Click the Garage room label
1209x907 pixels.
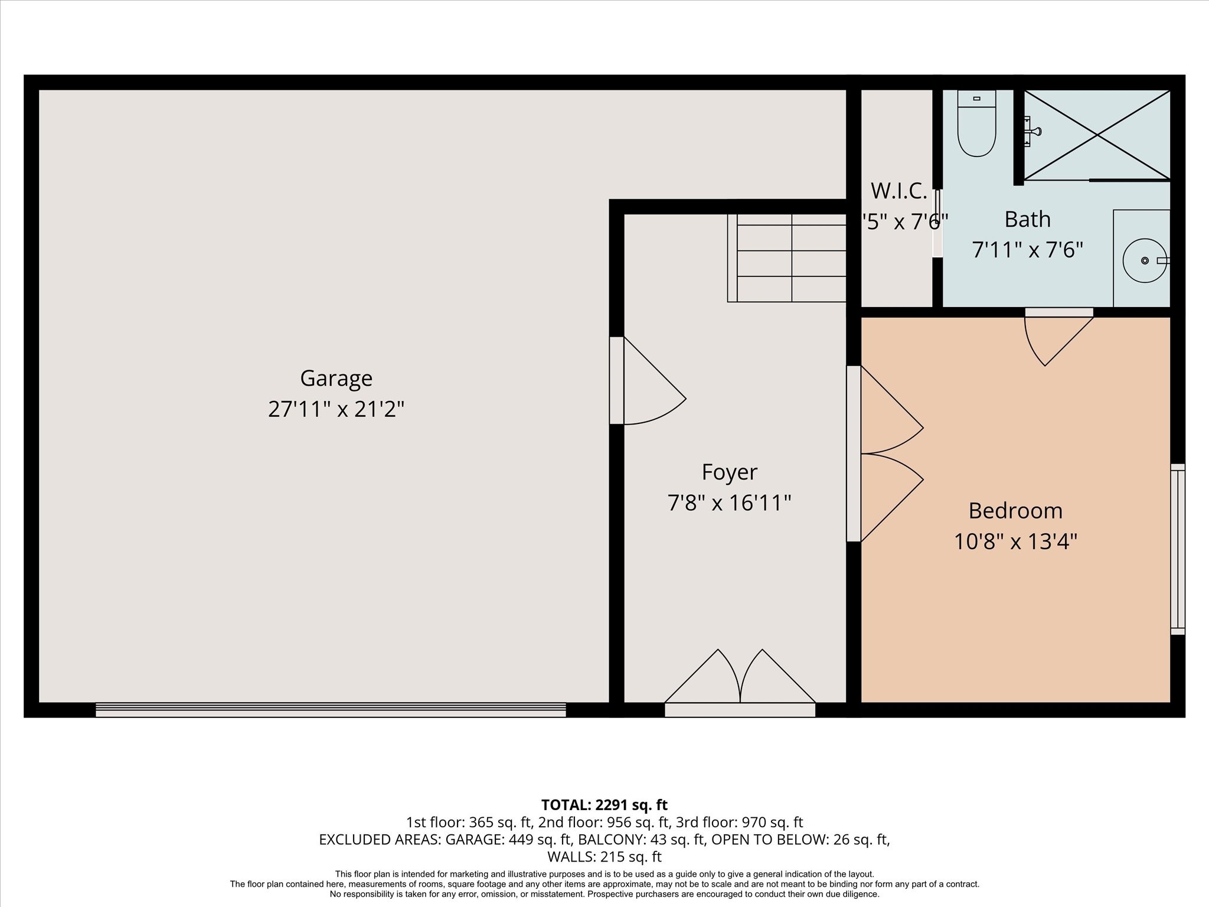coord(336,378)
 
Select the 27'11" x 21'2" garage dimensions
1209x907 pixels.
coord(336,409)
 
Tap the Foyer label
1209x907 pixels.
coord(729,472)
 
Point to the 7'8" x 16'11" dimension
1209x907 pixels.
coord(729,503)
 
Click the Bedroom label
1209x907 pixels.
coord(1015,511)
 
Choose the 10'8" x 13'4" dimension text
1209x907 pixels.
coord(1015,541)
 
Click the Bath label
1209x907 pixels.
coord(1027,220)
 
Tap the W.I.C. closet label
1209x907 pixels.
coord(898,191)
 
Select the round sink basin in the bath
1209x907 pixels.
coord(1144,260)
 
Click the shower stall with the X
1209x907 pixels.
coord(1097,135)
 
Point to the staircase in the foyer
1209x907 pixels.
coord(789,258)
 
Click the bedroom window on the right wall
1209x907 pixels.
coord(1177,549)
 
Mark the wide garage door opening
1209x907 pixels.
coord(331,709)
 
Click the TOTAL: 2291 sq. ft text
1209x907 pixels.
coord(604,805)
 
